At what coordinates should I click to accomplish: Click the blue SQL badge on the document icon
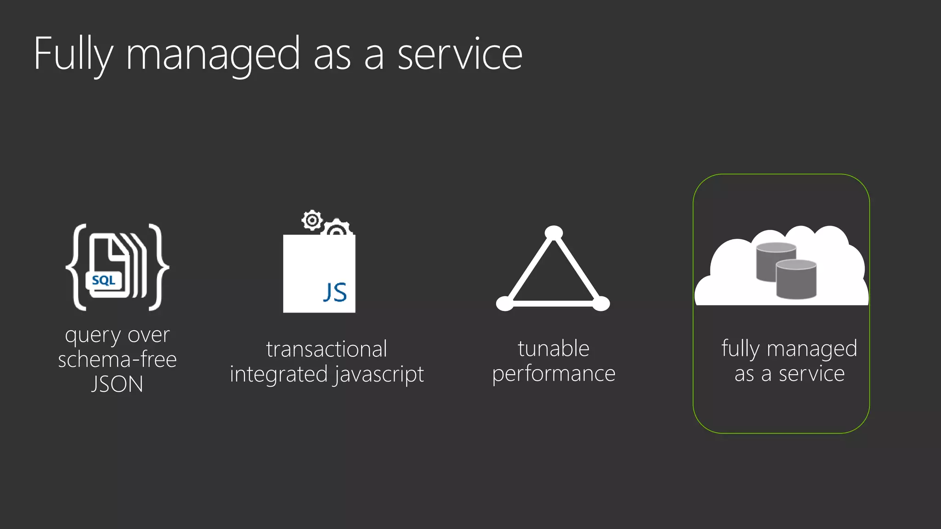pos(104,280)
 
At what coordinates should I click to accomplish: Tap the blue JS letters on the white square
pos(335,293)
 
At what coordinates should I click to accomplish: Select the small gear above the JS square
pos(312,220)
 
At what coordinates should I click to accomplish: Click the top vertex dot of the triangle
pos(554,233)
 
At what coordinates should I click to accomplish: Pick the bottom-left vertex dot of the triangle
pos(505,304)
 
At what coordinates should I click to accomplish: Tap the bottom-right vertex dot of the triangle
pos(601,304)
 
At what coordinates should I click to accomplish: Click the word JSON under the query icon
pos(117,384)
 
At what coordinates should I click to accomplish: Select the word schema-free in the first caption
pos(117,360)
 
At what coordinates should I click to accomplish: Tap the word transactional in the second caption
pos(327,349)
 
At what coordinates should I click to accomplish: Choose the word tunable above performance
pos(554,349)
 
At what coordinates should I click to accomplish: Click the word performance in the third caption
pos(554,374)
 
